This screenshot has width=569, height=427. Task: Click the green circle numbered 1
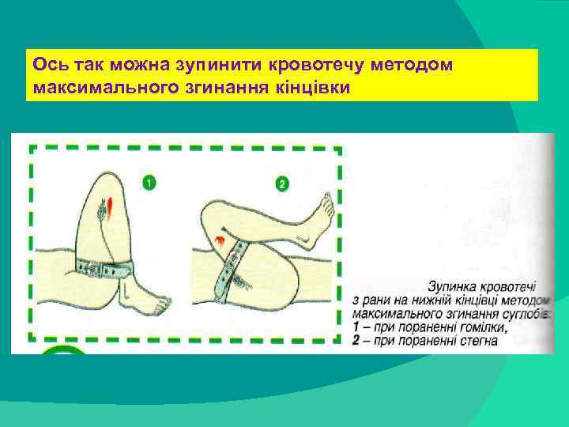(x=149, y=183)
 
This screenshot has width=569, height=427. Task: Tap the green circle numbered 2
(x=282, y=184)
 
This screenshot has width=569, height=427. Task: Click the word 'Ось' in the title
(x=41, y=64)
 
